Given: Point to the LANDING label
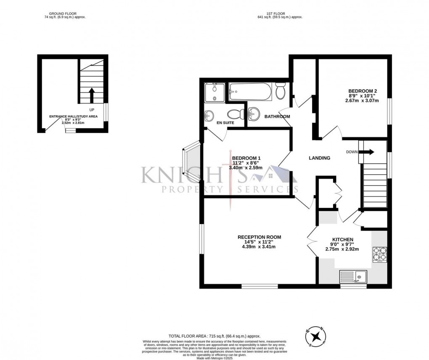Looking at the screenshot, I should click(x=319, y=158).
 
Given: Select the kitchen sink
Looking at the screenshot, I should click(x=353, y=277).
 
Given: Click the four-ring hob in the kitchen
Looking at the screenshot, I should click(x=379, y=254).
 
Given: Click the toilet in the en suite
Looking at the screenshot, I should click(x=235, y=114).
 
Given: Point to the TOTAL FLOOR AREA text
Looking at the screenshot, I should click(x=214, y=336).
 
